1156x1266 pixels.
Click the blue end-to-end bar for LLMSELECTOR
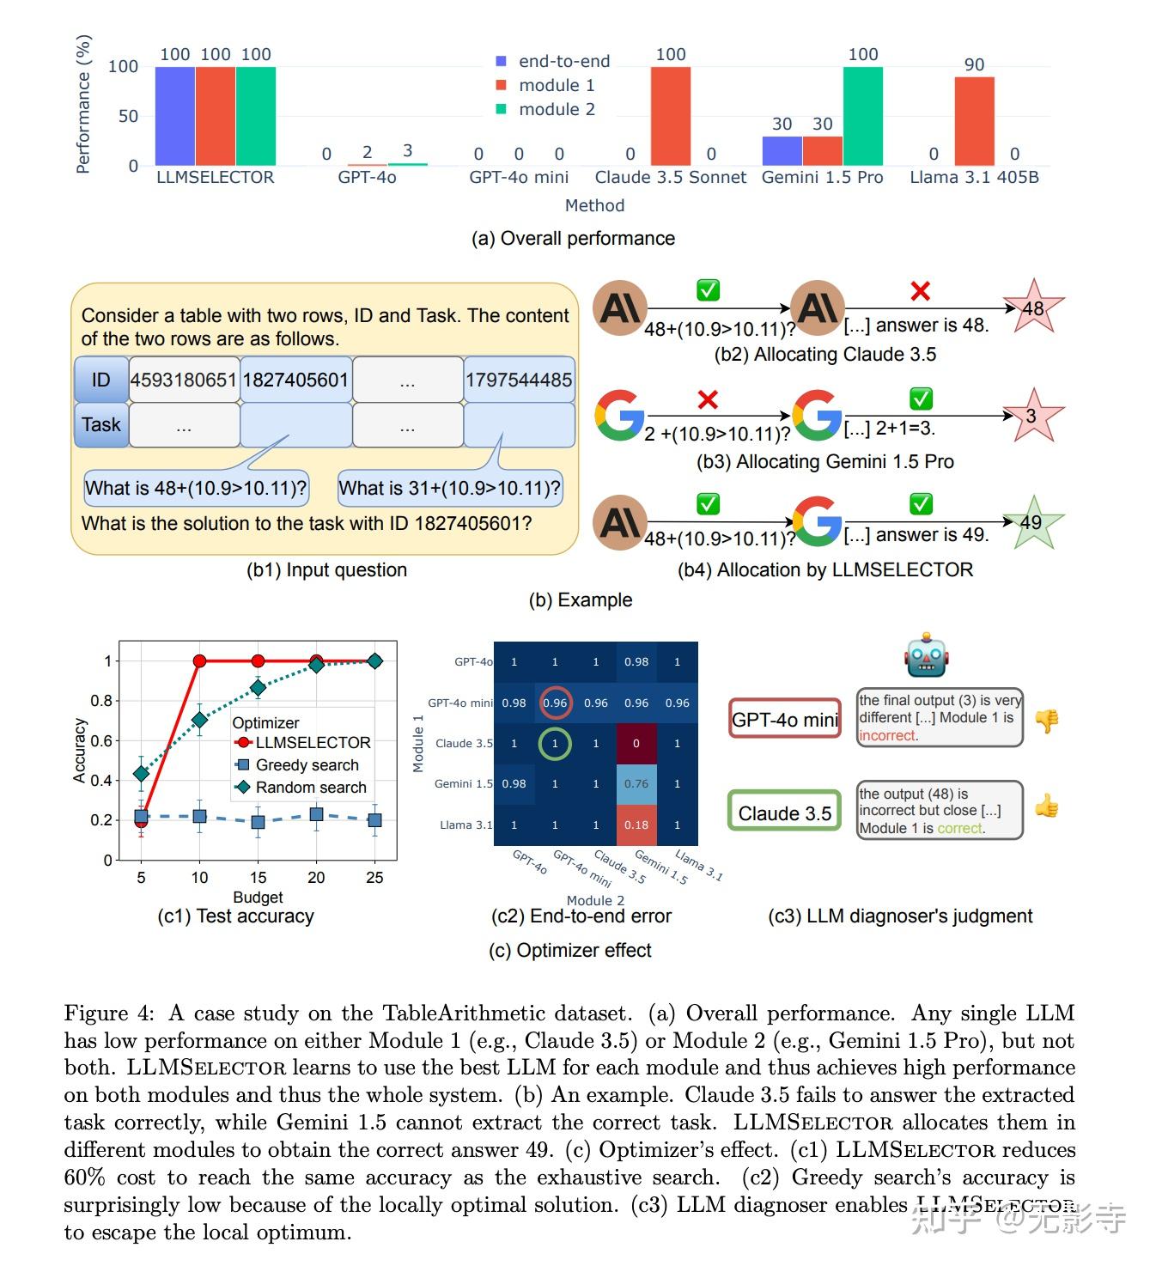point(174,116)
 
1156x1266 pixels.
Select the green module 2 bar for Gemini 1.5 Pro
point(862,116)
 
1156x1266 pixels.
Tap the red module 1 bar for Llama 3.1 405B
point(974,121)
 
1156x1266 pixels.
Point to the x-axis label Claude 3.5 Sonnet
point(670,177)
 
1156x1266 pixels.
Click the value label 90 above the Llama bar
point(974,64)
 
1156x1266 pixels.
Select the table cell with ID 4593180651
point(184,380)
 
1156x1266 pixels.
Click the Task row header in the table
point(101,424)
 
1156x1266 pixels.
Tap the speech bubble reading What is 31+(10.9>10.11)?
point(449,488)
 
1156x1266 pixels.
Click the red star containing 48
point(1032,307)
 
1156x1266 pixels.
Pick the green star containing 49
point(1031,521)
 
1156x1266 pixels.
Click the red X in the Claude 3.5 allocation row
point(920,291)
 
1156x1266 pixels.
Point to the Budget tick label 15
point(258,877)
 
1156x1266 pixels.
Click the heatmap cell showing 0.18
point(636,825)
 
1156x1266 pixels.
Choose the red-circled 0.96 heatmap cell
point(555,703)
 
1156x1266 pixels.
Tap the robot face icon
point(925,656)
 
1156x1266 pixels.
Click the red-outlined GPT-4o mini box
point(784,719)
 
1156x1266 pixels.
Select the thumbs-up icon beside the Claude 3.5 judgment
point(1046,806)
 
